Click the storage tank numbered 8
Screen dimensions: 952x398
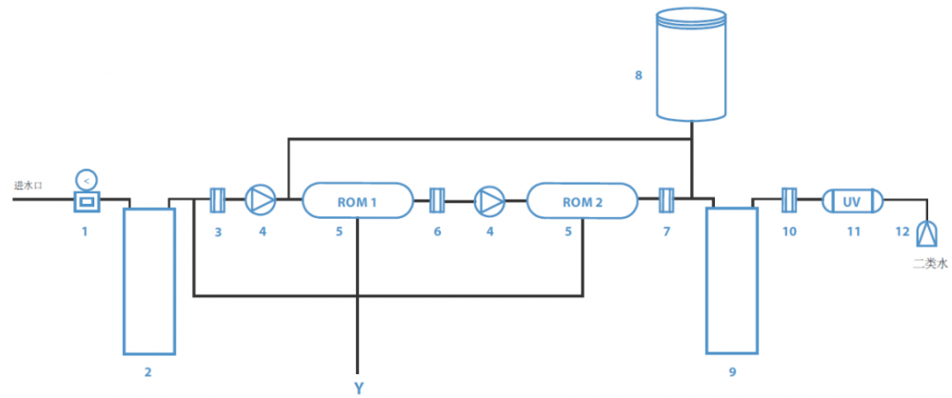click(691, 63)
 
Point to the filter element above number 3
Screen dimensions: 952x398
click(217, 200)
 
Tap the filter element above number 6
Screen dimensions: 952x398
click(437, 200)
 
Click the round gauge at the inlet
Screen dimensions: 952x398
click(87, 180)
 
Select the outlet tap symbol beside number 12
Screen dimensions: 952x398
click(926, 233)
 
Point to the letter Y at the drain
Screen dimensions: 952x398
click(359, 388)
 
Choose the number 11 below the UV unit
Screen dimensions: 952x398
click(854, 231)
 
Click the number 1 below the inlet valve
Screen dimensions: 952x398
click(86, 231)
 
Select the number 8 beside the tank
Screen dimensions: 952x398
click(638, 76)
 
